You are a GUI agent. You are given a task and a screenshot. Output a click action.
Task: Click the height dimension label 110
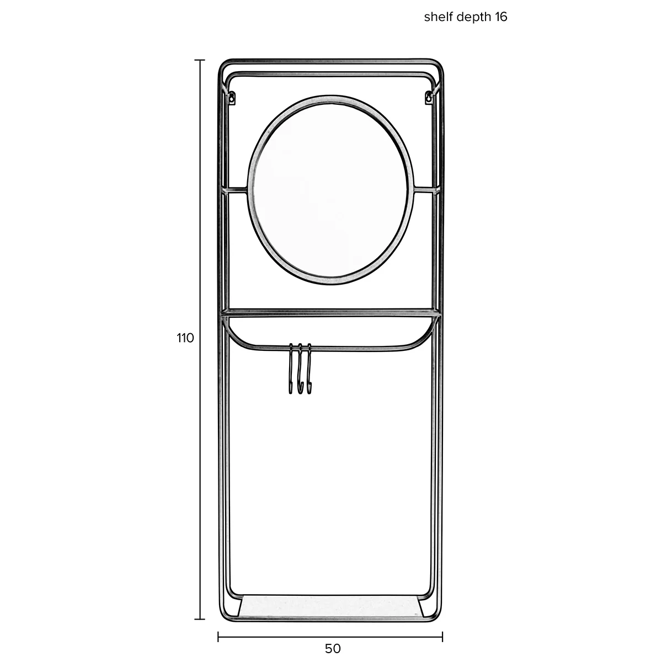[x=185, y=338]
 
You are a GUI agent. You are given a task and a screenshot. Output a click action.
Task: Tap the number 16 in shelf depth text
[x=500, y=17]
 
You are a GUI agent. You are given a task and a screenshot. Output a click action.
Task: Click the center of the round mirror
[x=331, y=190]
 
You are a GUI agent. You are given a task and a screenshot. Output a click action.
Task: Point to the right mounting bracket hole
[x=428, y=98]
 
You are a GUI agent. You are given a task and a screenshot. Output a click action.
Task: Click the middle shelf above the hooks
[x=331, y=314]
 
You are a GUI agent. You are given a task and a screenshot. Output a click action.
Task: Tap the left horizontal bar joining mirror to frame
[x=237, y=190]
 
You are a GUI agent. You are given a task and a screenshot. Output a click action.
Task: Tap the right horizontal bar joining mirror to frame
[x=425, y=190]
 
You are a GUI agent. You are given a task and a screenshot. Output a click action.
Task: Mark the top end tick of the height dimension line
[x=200, y=60]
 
